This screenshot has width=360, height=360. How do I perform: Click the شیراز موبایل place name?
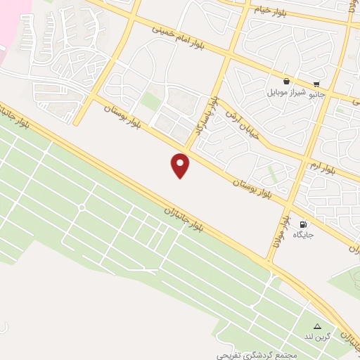coord(286,92)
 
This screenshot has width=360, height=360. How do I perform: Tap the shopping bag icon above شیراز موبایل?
coord(287,81)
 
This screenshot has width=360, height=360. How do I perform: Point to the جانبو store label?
coord(321,92)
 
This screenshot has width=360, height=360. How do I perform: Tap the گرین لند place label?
coord(317,337)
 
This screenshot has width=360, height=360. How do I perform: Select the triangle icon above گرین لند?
coord(317,327)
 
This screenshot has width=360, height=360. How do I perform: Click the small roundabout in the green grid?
coord(82,207)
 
